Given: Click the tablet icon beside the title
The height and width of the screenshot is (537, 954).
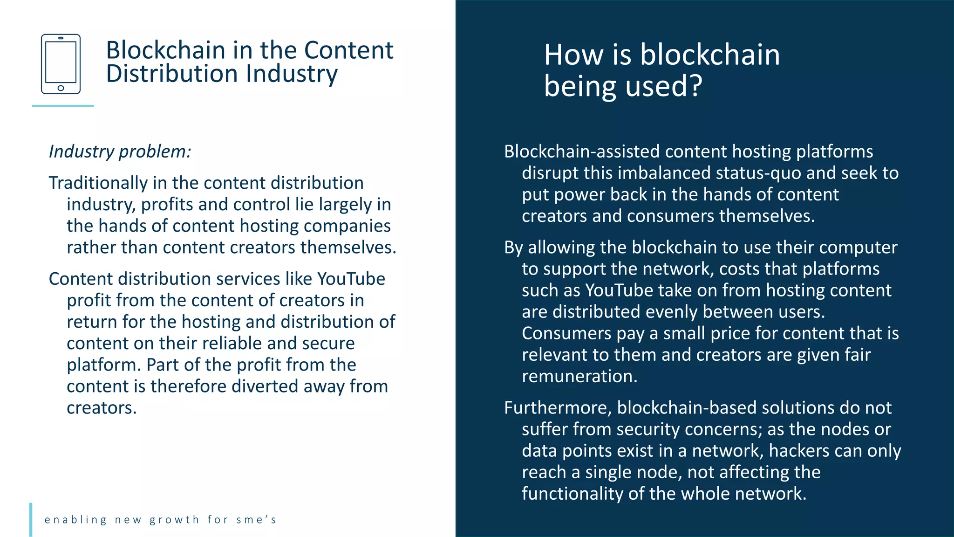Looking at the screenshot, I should coord(61,64).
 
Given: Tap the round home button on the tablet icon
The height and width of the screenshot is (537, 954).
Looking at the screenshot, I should coord(61,88).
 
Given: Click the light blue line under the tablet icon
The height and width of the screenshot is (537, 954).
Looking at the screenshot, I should coord(63,106).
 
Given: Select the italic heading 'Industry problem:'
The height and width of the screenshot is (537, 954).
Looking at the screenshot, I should coord(120,151).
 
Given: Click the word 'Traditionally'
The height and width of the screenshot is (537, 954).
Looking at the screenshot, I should coord(98,183).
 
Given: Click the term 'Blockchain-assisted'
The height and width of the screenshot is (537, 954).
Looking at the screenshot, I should coord(582,151).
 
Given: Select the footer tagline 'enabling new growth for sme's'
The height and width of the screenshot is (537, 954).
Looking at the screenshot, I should coord(161,520).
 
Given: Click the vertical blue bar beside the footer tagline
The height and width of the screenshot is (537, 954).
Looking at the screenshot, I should coord(31,519).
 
